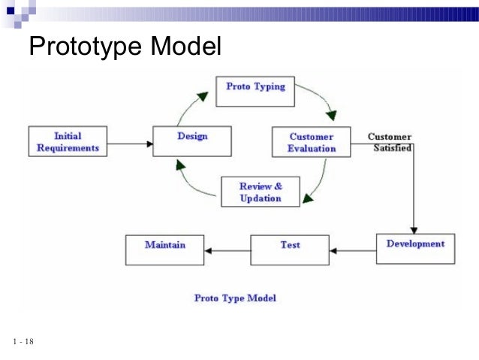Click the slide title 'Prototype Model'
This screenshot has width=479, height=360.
[x=125, y=48]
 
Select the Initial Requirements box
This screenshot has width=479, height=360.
[x=68, y=142]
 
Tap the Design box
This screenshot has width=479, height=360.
[x=191, y=140]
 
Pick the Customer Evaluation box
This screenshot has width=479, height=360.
[x=312, y=142]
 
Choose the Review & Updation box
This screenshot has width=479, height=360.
[x=260, y=192]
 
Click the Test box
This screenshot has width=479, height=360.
[x=290, y=249]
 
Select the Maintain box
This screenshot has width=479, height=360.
[x=164, y=249]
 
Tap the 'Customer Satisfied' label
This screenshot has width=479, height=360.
[x=390, y=142]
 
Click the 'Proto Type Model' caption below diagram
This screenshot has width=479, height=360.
[x=235, y=298]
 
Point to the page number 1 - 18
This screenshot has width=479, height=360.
[x=23, y=343]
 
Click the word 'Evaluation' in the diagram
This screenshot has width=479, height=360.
[x=312, y=148]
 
